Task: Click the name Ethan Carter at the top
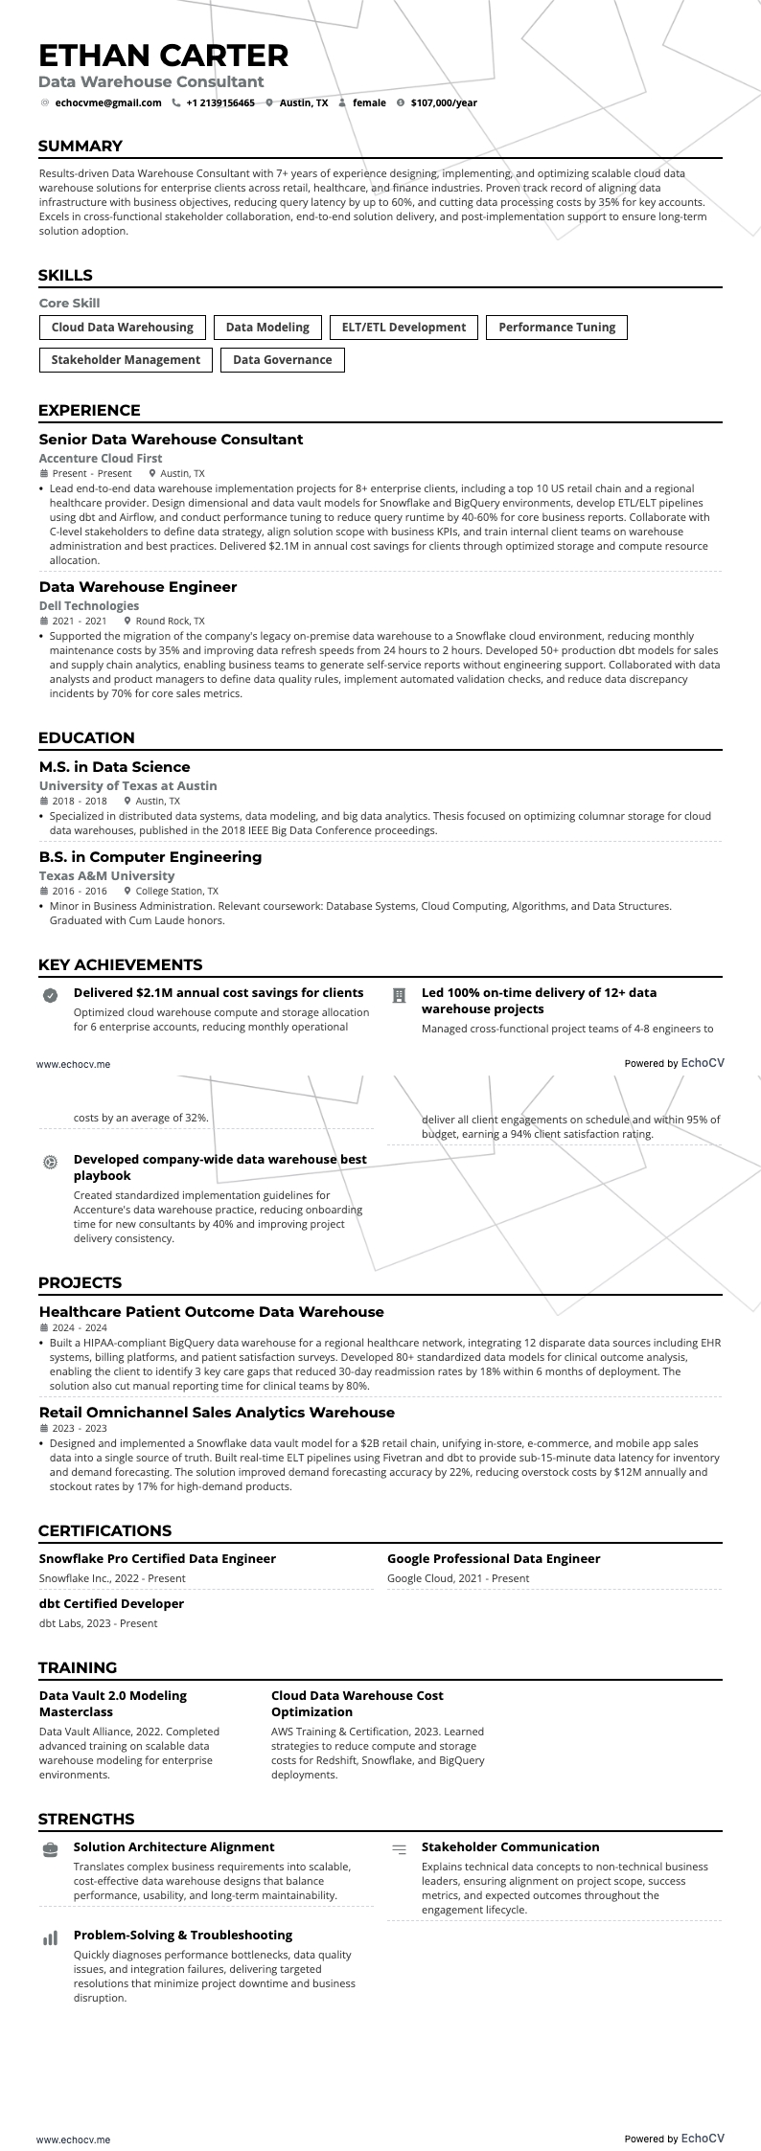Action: [x=163, y=55]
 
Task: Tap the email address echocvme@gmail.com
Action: [x=107, y=102]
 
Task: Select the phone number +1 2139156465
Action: [x=220, y=102]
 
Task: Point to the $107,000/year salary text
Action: [x=444, y=102]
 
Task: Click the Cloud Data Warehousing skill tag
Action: [x=123, y=328]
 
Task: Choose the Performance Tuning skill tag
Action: [x=557, y=328]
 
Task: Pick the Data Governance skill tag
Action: [x=283, y=360]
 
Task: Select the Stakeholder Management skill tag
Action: [x=126, y=360]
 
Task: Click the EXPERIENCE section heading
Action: [x=89, y=410]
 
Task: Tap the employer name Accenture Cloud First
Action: [x=101, y=459]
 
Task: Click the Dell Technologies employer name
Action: [x=89, y=605]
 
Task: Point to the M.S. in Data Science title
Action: [x=114, y=766]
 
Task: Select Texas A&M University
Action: [x=106, y=875]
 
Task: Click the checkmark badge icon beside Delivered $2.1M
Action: [x=50, y=996]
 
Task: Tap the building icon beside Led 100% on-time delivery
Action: [x=400, y=996]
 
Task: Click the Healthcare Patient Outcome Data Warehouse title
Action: [x=211, y=1312]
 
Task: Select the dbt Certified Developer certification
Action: [x=111, y=1603]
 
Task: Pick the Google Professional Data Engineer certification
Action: [x=494, y=1558]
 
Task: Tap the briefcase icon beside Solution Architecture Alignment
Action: [x=50, y=1848]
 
